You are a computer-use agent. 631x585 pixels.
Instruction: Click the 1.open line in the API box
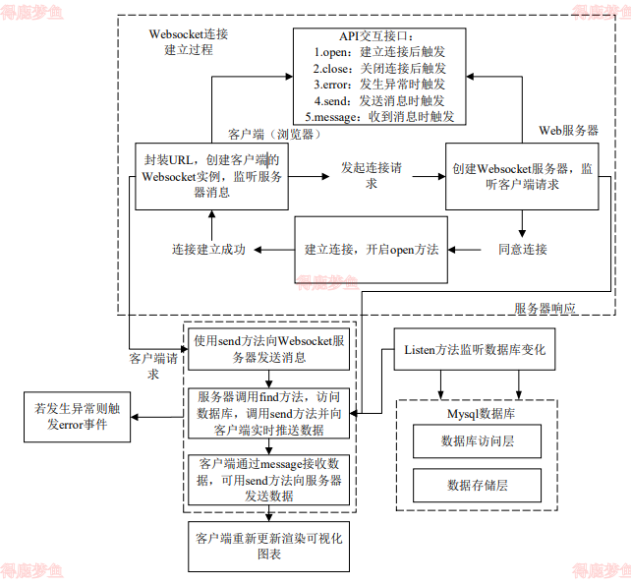click(378, 52)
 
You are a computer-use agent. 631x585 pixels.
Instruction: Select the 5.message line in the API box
click(378, 117)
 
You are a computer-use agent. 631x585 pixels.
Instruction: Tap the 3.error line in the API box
click(378, 85)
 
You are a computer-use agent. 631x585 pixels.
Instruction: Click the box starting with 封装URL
click(211, 176)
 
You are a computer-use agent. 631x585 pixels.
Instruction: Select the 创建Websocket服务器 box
click(522, 176)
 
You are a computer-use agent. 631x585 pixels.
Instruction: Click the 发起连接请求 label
click(371, 175)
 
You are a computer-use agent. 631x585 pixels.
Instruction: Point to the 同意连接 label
click(523, 249)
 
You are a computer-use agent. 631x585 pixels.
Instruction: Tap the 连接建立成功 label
click(209, 249)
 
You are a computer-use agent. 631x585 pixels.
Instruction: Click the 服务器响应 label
click(545, 308)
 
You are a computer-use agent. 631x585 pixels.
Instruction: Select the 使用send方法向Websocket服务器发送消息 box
click(269, 349)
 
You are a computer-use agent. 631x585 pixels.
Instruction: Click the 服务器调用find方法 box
click(269, 413)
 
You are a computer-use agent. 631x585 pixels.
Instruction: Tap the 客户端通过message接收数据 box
click(269, 479)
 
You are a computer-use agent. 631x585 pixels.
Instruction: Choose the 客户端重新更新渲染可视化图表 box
click(268, 547)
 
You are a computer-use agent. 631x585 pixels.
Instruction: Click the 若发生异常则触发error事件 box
click(71, 416)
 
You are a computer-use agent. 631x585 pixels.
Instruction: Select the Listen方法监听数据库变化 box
click(475, 350)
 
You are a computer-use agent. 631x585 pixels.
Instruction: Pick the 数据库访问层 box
click(478, 441)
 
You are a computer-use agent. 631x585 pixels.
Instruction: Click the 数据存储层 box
click(478, 485)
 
